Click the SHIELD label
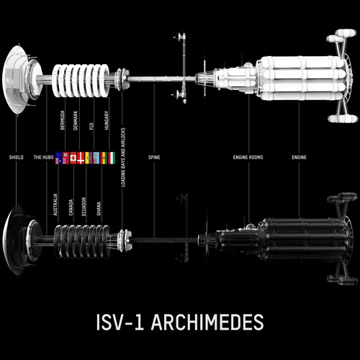[x=15, y=156]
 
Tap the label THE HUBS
[x=43, y=156]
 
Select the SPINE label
[x=154, y=156]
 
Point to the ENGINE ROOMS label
[x=248, y=156]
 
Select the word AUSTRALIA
[x=55, y=204]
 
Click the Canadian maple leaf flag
[x=73, y=158]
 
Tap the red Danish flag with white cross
[x=81, y=158]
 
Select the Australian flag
[x=58, y=158]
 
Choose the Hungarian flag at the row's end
[x=111, y=158]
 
